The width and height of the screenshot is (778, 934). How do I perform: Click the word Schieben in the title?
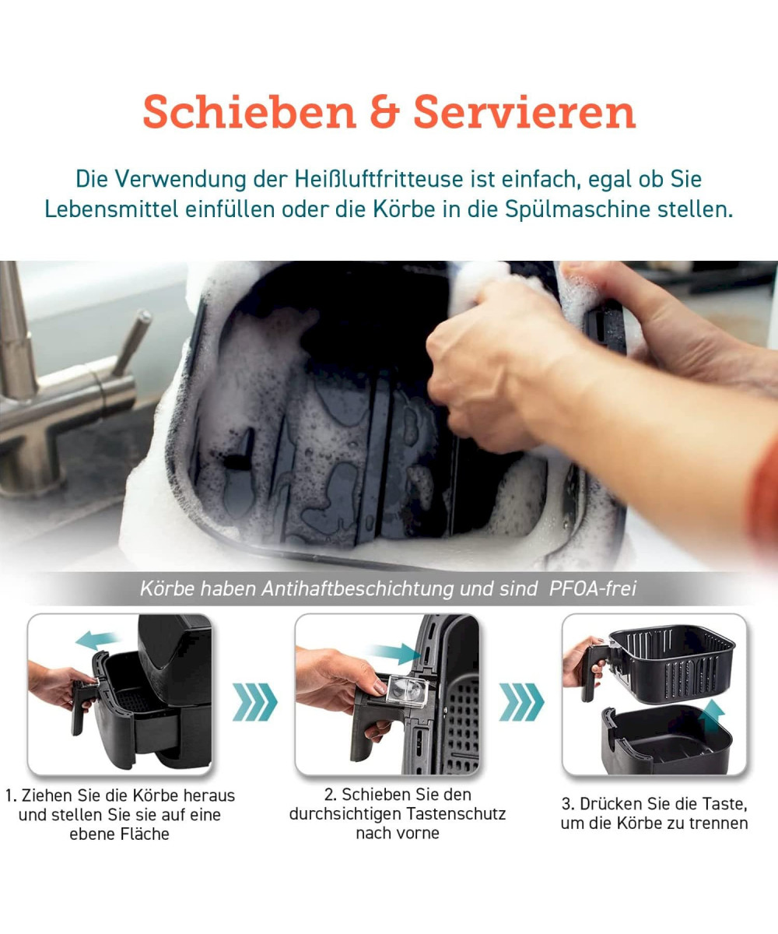(249, 112)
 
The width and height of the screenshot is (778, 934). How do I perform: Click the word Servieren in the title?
(524, 112)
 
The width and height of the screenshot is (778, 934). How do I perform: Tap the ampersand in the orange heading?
(384, 112)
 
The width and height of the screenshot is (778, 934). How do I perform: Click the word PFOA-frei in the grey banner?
(592, 588)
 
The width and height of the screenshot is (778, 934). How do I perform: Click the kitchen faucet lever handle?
(132, 340)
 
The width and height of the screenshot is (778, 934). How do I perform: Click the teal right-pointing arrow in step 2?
(396, 654)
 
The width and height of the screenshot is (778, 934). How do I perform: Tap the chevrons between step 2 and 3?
(521, 702)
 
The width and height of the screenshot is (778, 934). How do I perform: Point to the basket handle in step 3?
(594, 672)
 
